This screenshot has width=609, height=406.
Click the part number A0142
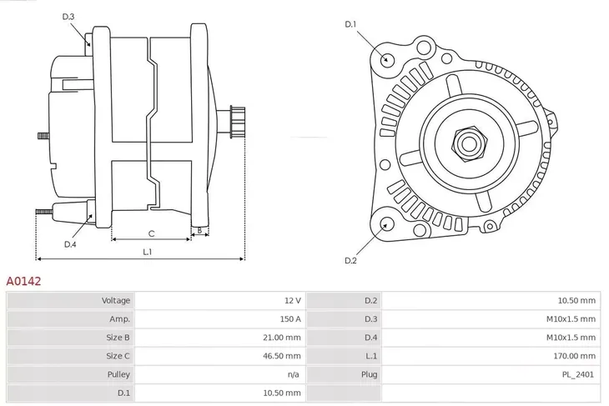24,282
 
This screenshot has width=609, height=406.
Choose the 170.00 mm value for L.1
576,356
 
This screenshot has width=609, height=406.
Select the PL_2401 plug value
578,374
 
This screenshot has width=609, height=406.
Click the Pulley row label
118,374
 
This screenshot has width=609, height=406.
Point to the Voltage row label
116,300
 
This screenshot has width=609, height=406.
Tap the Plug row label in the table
370,374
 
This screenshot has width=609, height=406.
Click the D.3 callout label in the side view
68,17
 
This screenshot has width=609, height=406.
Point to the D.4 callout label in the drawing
70,244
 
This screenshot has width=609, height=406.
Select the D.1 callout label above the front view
351,24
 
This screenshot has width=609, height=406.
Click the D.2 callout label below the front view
351,261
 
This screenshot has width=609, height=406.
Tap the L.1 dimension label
147,251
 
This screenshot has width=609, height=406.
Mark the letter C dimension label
151,233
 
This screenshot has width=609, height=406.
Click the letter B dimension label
199,230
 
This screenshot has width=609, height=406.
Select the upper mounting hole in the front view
386,58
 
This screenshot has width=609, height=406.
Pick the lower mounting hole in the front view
386,223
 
